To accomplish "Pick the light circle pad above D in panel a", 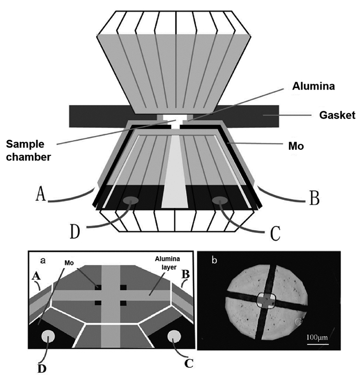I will pyautogui.click(x=49, y=337).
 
